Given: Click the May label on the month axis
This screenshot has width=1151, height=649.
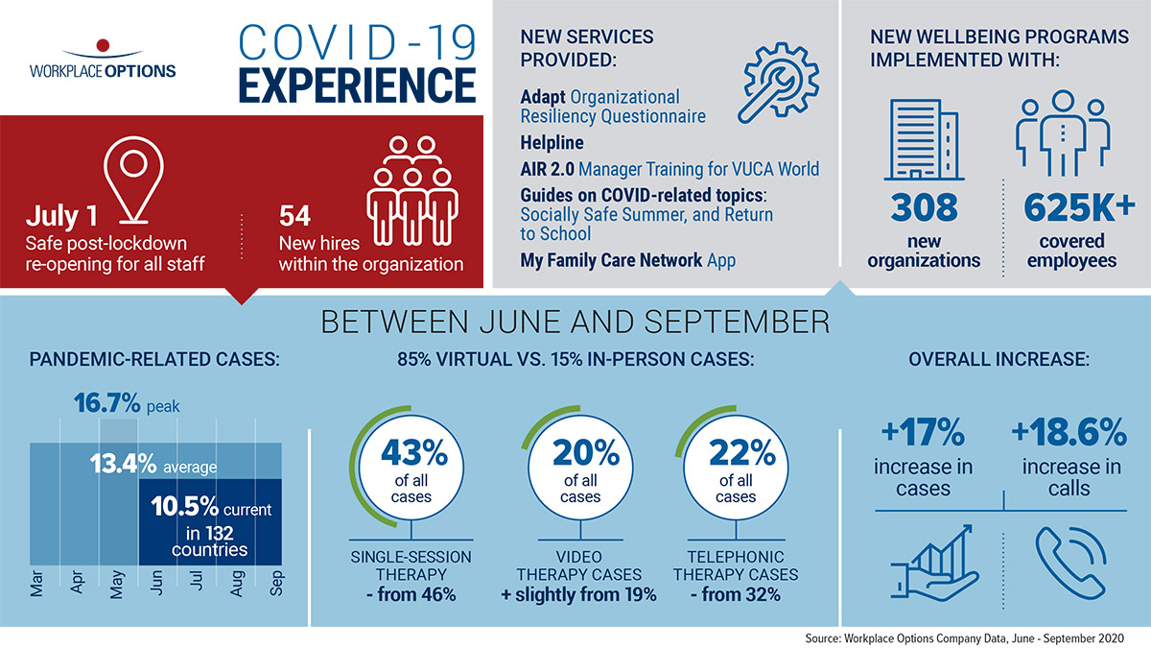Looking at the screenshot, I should [117, 585].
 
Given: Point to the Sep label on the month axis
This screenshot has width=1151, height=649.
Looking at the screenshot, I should [278, 585].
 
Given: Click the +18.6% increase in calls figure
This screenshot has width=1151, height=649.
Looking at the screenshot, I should [1069, 434].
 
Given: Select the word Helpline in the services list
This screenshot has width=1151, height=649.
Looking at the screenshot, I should [552, 142].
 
